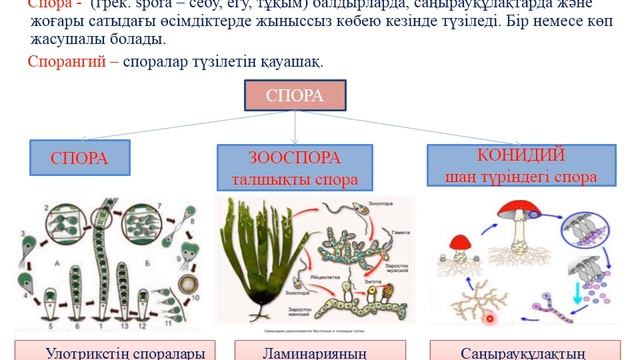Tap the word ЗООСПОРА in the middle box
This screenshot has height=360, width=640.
pos(295,158)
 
